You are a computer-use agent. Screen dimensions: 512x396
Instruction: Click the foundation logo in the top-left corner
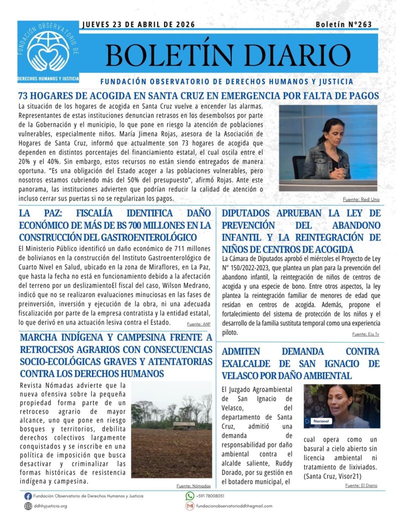(48, 52)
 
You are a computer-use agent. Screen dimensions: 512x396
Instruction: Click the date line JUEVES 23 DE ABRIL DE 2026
(138, 24)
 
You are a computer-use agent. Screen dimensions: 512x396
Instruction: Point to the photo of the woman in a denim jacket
(328, 147)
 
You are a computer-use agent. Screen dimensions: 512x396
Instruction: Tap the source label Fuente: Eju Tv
(366, 334)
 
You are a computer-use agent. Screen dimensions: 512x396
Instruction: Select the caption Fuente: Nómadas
(194, 485)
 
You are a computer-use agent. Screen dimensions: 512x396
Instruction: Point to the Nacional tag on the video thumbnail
(321, 421)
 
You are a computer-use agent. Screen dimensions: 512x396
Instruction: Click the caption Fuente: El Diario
(361, 485)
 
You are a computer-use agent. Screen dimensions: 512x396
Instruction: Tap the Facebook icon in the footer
(28, 496)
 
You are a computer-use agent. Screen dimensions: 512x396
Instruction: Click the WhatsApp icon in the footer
(190, 496)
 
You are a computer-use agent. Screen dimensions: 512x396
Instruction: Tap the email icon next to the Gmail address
(190, 506)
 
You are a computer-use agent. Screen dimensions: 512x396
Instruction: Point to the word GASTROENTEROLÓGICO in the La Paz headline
(148, 237)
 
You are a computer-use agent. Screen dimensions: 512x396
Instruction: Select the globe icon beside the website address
(28, 506)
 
